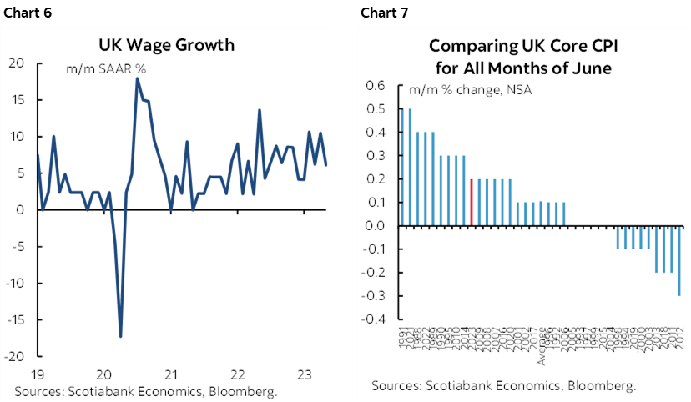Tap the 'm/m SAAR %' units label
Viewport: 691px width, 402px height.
(x=106, y=70)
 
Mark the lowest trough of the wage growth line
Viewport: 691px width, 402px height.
(x=121, y=335)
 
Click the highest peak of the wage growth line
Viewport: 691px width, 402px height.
(x=137, y=79)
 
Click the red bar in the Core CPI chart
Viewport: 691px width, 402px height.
(x=472, y=202)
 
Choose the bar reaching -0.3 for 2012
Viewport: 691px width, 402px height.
(x=678, y=259)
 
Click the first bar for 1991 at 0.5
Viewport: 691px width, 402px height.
(x=401, y=167)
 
